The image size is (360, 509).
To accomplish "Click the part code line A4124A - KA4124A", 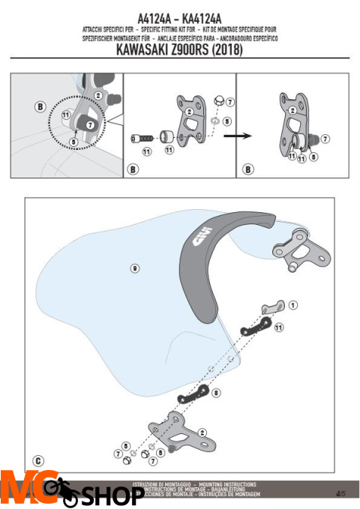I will [x=180, y=16].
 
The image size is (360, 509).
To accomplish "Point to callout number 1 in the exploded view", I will [x=292, y=305].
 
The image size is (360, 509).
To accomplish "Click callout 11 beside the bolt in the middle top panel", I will [x=146, y=151].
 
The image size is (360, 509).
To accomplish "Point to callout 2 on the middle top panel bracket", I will [x=190, y=112].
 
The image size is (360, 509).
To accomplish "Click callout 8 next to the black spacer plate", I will [x=216, y=392].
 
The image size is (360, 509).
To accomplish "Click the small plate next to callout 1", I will [x=271, y=307].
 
